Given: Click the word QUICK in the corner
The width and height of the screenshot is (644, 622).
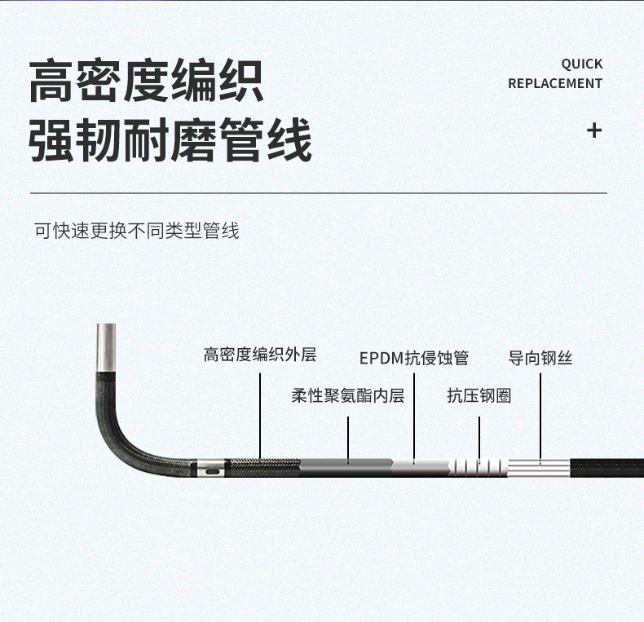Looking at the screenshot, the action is (x=581, y=64).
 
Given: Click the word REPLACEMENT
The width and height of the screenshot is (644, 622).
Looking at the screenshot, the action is (x=554, y=83).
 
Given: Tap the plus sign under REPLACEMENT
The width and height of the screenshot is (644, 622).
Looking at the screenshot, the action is (x=594, y=130).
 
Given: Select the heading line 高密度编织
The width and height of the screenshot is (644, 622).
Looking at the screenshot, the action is (x=147, y=82).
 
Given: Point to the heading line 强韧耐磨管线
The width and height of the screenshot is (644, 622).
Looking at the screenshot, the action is (x=170, y=140).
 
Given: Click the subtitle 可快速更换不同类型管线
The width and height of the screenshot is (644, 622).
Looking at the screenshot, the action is (x=136, y=231).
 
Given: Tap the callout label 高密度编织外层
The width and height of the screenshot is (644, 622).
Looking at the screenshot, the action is (x=259, y=355).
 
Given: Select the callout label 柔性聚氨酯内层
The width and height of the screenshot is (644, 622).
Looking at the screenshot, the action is (x=348, y=396).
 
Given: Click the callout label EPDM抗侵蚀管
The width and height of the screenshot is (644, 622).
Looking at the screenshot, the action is (x=414, y=358).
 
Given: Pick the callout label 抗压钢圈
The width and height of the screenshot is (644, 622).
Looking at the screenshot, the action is (x=479, y=396).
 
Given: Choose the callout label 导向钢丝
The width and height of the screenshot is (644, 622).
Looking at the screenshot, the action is (x=540, y=358).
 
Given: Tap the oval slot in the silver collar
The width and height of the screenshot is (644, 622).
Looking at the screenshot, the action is (x=212, y=470).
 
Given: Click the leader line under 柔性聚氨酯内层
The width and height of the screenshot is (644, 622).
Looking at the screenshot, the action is (x=349, y=439).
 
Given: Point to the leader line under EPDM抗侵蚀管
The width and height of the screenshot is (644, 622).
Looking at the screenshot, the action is (x=414, y=416).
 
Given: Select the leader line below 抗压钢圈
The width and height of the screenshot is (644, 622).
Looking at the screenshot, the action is (x=479, y=439).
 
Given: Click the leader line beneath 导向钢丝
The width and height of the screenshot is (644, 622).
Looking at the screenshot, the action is (x=540, y=416).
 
